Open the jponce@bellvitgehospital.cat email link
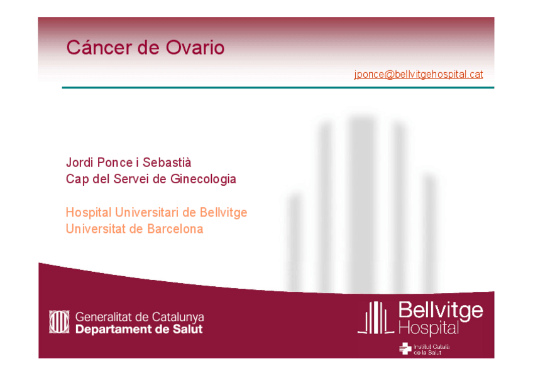[x=418, y=74]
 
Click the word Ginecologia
[x=203, y=179]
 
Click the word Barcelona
[x=175, y=228]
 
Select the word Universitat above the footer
[x=96, y=228]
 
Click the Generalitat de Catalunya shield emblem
[x=59, y=322]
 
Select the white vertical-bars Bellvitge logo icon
[x=376, y=318]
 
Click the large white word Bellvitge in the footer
[x=440, y=310]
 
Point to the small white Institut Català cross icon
[x=405, y=349]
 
